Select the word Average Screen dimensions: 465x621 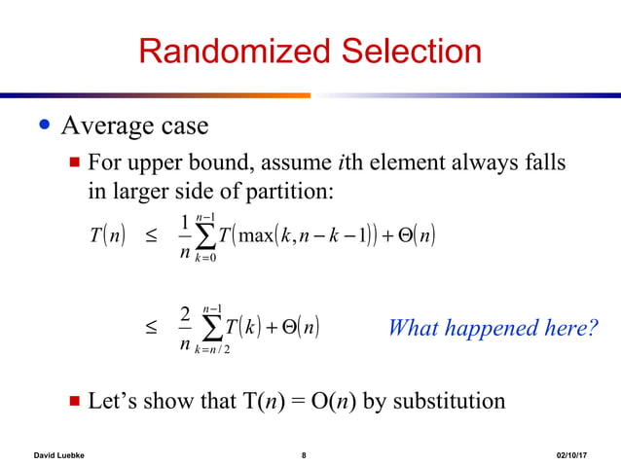pos(105,126)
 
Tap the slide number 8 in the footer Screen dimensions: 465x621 pos(304,453)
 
